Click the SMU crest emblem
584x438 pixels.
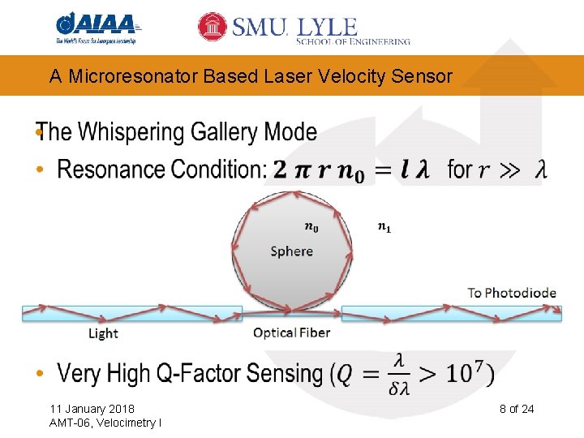click(213, 27)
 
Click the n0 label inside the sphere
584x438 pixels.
click(311, 228)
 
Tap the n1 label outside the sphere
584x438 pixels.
click(384, 227)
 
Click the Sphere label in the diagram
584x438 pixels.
click(291, 251)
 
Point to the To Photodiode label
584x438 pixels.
click(512, 293)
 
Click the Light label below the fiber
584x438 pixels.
click(103, 333)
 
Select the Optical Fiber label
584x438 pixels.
click(291, 333)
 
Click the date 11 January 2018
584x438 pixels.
click(92, 408)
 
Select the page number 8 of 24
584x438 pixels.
click(517, 408)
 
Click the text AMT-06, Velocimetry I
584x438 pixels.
click(105, 423)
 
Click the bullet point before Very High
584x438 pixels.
click(41, 374)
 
